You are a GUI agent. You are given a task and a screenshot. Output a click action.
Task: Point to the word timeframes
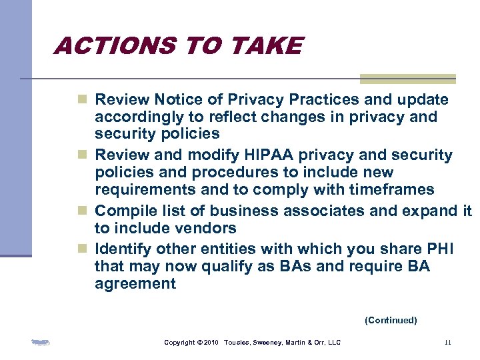pos(393,190)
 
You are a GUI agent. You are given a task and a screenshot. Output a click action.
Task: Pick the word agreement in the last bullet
pos(135,284)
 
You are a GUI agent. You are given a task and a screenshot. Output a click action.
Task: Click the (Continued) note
pos(390,321)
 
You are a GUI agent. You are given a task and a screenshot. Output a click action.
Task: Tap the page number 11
pos(447,343)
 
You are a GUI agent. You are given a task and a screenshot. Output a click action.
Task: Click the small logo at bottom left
pos(41,343)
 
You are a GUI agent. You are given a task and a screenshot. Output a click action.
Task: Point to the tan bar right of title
pos(407,79)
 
